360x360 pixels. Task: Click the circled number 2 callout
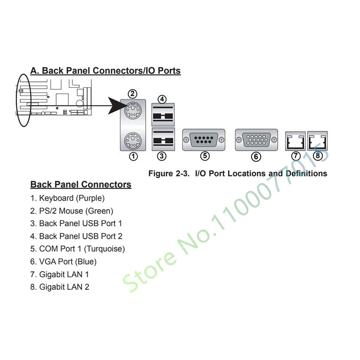tap(132, 94)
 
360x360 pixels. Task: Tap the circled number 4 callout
tap(162, 99)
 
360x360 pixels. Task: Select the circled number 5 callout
tap(205, 156)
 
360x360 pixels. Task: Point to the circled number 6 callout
tap(256, 157)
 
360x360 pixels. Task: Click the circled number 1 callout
tap(133, 156)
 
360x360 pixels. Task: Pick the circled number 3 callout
tap(162, 156)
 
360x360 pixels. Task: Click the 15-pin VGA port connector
tap(256, 139)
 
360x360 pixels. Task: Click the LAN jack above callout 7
tap(295, 141)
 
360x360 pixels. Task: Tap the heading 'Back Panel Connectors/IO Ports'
tap(105, 71)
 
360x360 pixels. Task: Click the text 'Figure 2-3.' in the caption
tap(169, 173)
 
